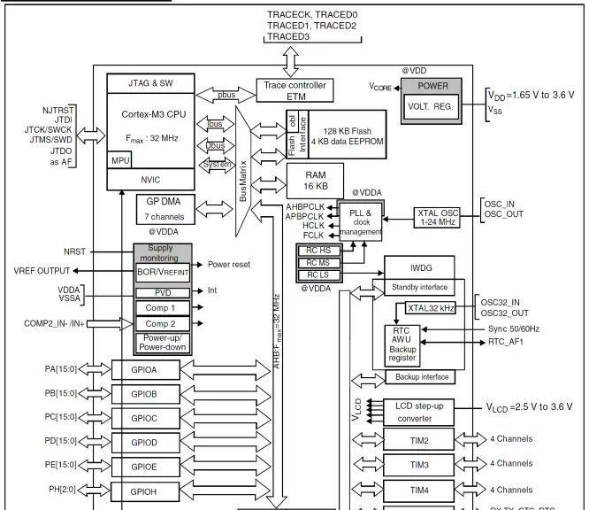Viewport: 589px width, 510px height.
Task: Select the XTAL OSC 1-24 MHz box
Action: pyautogui.click(x=449, y=217)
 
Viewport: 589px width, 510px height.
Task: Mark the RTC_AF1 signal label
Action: pyautogui.click(x=509, y=340)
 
